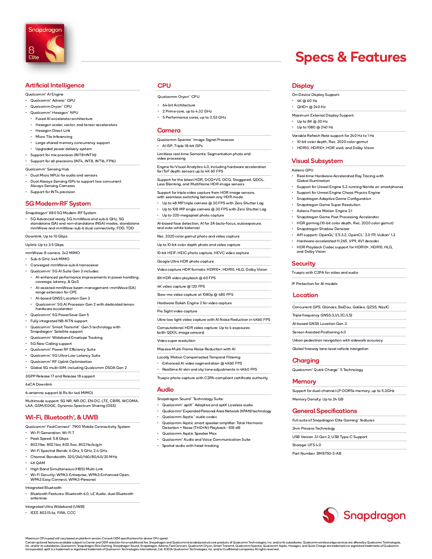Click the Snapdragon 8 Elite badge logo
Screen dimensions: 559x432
[45, 43]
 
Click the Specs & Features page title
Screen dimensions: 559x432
[350, 57]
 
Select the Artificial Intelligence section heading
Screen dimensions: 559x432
[55, 85]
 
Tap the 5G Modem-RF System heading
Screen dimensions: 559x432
[58, 204]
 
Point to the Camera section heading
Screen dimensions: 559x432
[169, 130]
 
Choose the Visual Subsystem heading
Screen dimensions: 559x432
[317, 161]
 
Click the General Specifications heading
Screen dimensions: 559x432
[325, 411]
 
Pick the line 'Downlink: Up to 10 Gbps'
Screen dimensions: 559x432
[46, 236]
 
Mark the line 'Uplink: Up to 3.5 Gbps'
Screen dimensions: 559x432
[44, 245]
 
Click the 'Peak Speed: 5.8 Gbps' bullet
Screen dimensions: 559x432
[49, 439]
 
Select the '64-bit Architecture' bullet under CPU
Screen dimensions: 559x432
[179, 105]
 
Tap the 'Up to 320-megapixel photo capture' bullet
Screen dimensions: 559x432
[193, 215]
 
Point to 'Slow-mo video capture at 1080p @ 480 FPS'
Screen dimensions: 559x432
[195, 295]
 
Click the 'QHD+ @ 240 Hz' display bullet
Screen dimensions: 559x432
[311, 107]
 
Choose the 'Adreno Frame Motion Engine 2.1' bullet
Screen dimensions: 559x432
[324, 211]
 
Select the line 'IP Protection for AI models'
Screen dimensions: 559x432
[314, 284]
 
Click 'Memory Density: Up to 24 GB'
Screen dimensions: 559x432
[318, 399]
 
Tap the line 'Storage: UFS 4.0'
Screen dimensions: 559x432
[307, 445]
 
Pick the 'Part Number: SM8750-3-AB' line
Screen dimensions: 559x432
[317, 454]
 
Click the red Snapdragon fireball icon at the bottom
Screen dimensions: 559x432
[330, 515]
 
